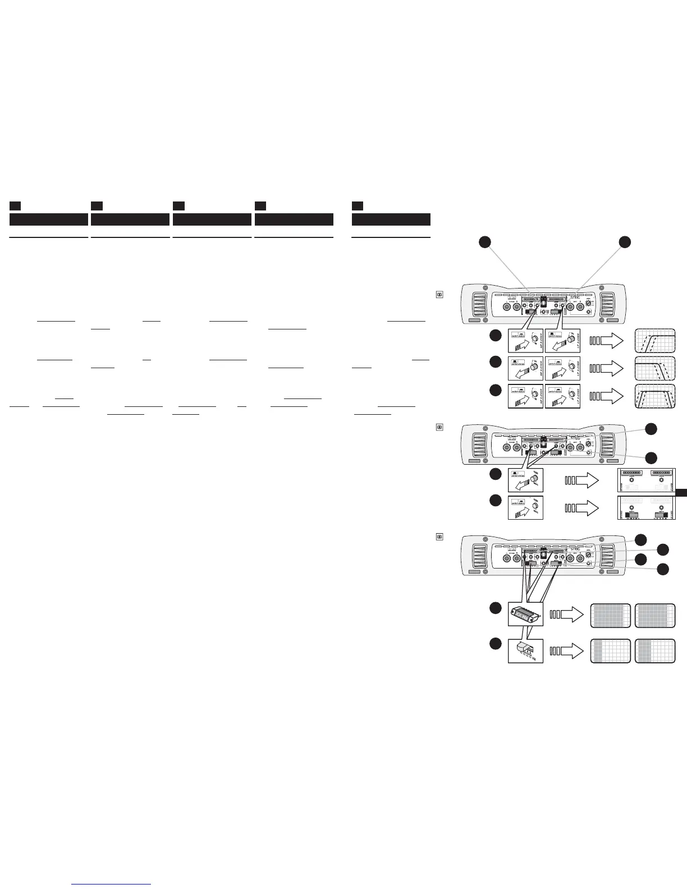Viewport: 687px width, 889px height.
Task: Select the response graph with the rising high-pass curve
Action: [654, 340]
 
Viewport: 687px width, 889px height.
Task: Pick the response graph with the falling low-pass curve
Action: [654, 368]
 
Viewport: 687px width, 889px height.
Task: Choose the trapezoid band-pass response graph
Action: [654, 396]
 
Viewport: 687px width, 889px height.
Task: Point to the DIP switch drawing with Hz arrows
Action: [525, 651]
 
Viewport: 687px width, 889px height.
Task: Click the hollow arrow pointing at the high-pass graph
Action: [607, 340]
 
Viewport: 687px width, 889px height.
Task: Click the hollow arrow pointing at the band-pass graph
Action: [607, 396]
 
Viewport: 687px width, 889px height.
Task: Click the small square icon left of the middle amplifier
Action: [439, 427]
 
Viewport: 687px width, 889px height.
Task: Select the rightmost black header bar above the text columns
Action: [391, 219]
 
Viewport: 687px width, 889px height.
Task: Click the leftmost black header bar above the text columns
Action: [49, 219]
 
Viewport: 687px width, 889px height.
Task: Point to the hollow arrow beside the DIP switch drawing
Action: [567, 651]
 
